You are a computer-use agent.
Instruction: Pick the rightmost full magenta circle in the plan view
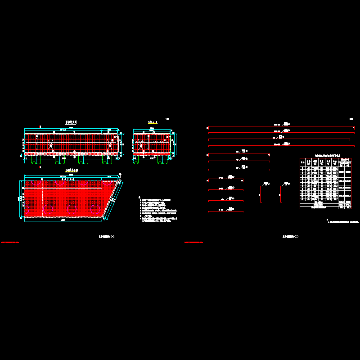coord(94,209)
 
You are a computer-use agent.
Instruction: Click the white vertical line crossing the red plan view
coord(42,198)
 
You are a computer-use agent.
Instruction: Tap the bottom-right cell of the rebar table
coord(349,207)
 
